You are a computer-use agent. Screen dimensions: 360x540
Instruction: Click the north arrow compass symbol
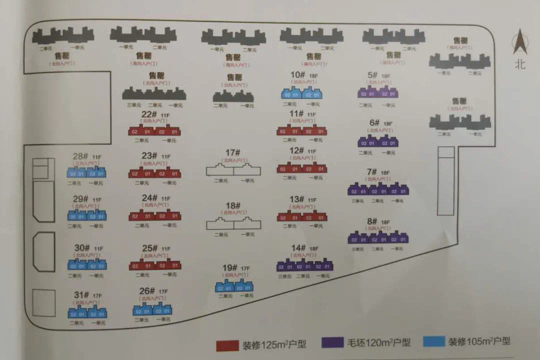pyautogui.click(x=520, y=42)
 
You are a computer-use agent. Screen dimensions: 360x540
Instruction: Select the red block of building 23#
pyautogui.click(x=154, y=173)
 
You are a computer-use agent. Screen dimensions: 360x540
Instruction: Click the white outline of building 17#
pyautogui.click(x=233, y=169)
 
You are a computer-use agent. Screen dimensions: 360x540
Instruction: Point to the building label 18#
pyautogui.click(x=233, y=205)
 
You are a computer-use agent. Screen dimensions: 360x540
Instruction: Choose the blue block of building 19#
pyautogui.click(x=234, y=287)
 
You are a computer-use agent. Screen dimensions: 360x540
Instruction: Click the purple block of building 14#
pyautogui.click(x=305, y=265)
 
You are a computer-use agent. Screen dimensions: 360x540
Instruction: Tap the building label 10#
pyautogui.click(x=298, y=75)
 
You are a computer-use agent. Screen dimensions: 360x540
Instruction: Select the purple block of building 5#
pyautogui.click(x=378, y=93)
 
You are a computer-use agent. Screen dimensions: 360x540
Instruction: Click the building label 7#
pyautogui.click(x=371, y=172)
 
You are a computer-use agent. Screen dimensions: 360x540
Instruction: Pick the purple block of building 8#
pyautogui.click(x=378, y=238)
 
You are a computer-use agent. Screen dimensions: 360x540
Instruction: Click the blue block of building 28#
pyautogui.click(x=87, y=173)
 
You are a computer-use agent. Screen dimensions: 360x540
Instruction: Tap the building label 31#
pyautogui.click(x=81, y=295)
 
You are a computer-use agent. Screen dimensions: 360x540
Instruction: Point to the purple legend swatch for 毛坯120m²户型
pyautogui.click(x=332, y=343)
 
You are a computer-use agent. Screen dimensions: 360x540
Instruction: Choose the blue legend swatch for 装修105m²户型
pyautogui.click(x=434, y=341)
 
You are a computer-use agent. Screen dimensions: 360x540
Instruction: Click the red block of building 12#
pyautogui.click(x=301, y=168)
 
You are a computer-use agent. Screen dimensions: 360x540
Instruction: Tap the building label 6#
pyautogui.click(x=374, y=122)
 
